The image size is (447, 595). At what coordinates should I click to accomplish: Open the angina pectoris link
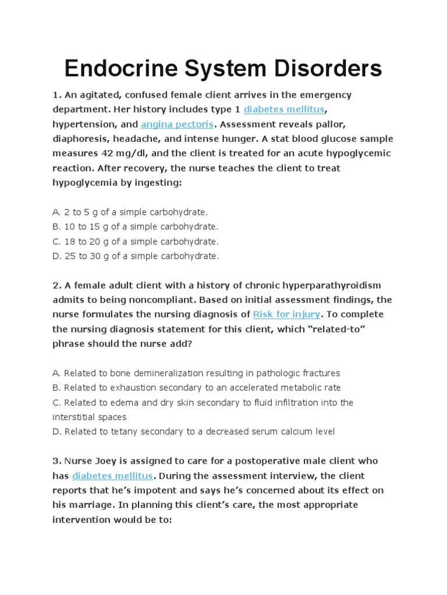(178, 124)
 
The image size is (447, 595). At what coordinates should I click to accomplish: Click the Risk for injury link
(286, 314)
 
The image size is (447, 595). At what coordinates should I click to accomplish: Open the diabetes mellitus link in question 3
(112, 475)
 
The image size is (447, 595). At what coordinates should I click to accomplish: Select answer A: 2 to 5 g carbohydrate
(130, 212)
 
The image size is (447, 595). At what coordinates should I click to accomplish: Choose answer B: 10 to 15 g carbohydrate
(135, 227)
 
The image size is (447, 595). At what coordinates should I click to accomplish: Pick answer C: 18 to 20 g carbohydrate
(135, 241)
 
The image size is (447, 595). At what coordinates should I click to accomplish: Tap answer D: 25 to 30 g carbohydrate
(136, 256)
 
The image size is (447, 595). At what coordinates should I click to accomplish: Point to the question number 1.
(55, 95)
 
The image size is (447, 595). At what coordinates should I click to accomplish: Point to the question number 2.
(55, 285)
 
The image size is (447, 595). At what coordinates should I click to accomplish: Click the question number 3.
(55, 461)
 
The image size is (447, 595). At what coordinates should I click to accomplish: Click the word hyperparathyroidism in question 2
(332, 285)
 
